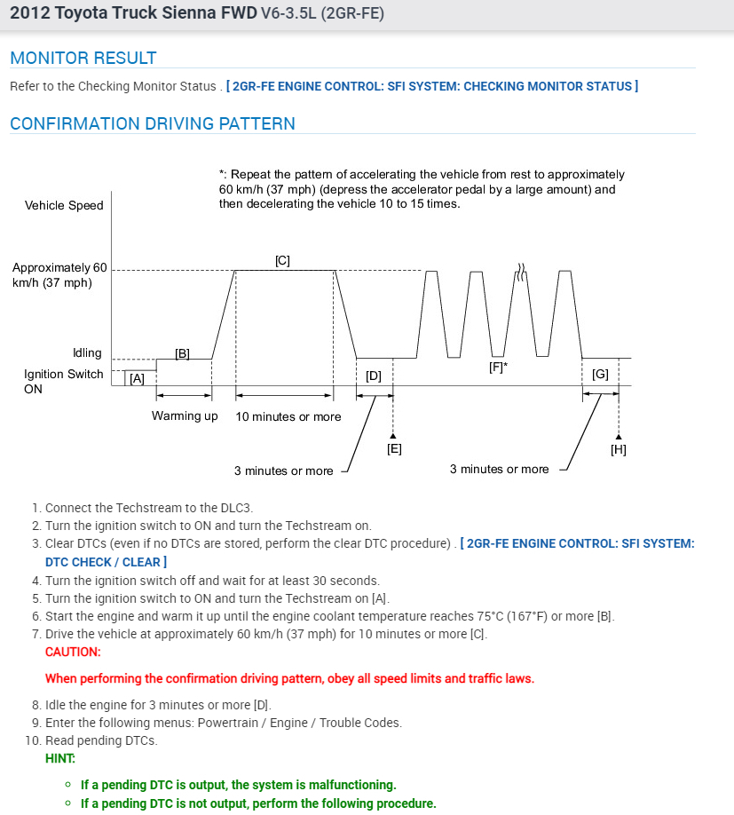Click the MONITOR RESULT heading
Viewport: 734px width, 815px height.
point(83,59)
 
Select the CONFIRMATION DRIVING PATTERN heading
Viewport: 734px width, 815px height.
point(152,124)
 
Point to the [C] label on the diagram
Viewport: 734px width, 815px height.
point(282,261)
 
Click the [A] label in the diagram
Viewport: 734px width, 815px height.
point(137,378)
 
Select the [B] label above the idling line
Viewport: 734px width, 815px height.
point(182,353)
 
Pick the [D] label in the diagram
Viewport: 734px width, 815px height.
point(374,376)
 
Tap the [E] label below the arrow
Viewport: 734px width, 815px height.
point(394,448)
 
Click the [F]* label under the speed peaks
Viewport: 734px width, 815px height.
point(498,366)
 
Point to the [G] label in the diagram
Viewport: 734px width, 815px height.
point(600,375)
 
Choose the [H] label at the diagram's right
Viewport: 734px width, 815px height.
point(619,449)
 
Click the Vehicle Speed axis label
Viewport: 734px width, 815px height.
point(64,205)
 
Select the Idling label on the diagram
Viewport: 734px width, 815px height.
point(87,353)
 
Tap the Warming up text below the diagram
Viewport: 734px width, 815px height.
point(185,416)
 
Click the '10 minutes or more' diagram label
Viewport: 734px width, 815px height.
point(288,416)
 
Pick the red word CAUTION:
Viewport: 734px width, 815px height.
point(73,652)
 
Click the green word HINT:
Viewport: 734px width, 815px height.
point(60,758)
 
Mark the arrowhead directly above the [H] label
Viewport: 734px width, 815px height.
point(619,434)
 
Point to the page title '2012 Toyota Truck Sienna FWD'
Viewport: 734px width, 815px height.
point(133,15)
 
